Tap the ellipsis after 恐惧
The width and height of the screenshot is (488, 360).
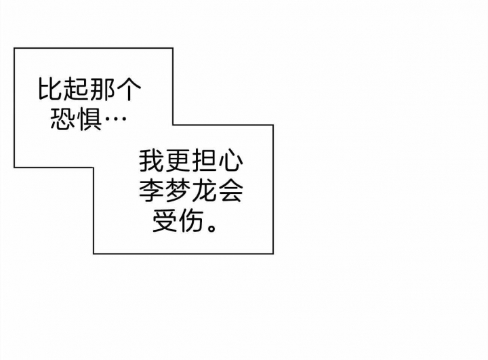(x=115, y=119)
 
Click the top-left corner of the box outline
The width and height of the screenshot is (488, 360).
(x=14, y=48)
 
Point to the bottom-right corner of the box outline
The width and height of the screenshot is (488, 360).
(x=273, y=254)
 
